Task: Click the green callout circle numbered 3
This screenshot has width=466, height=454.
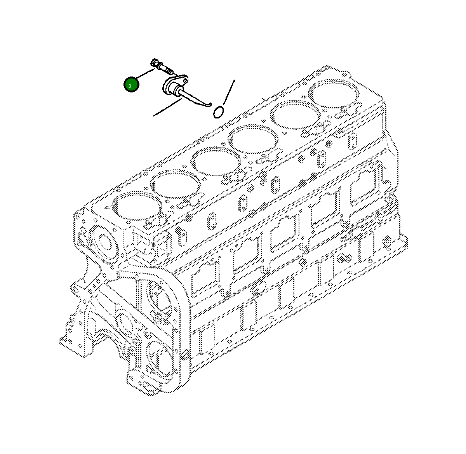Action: point(131,85)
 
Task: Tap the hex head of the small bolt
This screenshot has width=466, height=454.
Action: point(154,63)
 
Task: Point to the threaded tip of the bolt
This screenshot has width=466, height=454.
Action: point(170,71)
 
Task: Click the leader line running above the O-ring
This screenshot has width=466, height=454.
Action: point(229,92)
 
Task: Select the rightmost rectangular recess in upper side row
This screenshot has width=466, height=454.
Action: point(365,186)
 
